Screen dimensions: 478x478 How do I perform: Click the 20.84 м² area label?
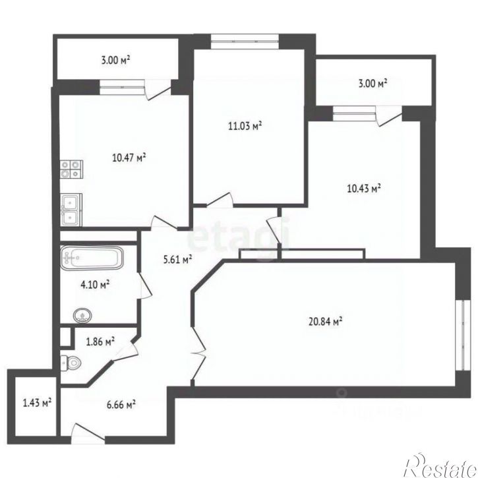pyautogui.click(x=326, y=321)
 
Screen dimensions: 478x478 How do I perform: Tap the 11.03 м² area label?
pyautogui.click(x=245, y=125)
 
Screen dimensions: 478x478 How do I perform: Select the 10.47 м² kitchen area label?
pyautogui.click(x=129, y=158)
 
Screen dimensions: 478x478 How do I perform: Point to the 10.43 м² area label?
pyautogui.click(x=364, y=188)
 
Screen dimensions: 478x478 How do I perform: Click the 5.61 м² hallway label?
pyautogui.click(x=177, y=260)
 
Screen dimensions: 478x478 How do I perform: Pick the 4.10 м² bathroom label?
pyautogui.click(x=95, y=284)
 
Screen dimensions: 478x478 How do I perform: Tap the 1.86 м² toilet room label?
pyautogui.click(x=100, y=342)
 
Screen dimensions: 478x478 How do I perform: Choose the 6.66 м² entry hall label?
pyautogui.click(x=121, y=405)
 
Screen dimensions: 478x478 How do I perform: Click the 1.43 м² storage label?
pyautogui.click(x=37, y=403)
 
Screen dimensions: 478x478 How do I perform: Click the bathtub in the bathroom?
pyautogui.click(x=92, y=258)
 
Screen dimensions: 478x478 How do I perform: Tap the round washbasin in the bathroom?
pyautogui.click(x=82, y=315)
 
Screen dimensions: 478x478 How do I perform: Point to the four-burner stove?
pyautogui.click(x=72, y=169)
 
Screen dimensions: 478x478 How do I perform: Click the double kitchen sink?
pyautogui.click(x=71, y=210)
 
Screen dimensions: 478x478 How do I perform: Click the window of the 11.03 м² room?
pyautogui.click(x=245, y=42)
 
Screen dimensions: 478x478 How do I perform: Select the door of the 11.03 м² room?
pyautogui.click(x=220, y=200)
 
